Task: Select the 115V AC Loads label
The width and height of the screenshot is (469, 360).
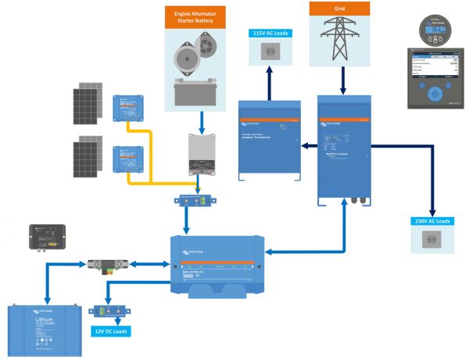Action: (x=270, y=33)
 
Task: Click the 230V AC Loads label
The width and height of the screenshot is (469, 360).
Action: (x=431, y=222)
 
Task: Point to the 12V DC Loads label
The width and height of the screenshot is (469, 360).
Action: (x=109, y=332)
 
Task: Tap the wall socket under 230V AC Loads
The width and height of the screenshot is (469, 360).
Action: (x=431, y=243)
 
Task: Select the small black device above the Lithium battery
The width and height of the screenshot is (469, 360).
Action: (x=46, y=235)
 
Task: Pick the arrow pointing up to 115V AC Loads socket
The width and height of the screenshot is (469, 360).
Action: (x=270, y=82)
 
